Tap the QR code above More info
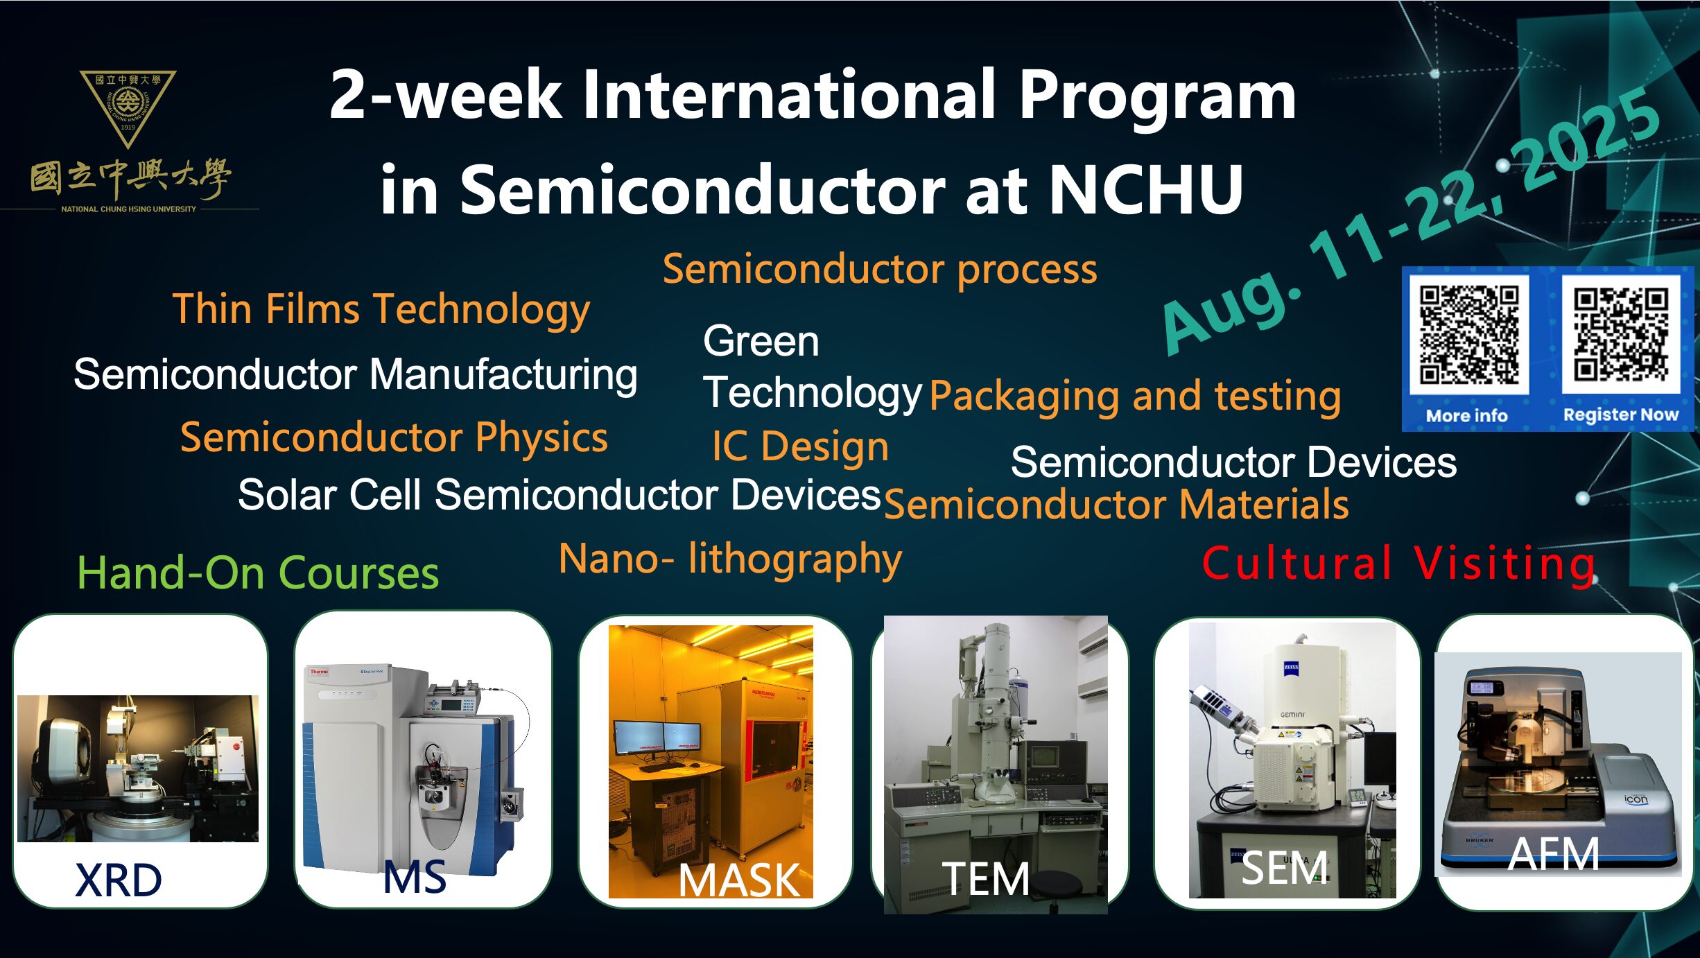click(1468, 335)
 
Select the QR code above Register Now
click(1621, 335)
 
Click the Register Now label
click(1621, 415)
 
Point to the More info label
click(1466, 415)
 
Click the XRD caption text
click(119, 880)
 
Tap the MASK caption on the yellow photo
click(739, 880)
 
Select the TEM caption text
click(985, 879)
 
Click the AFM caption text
click(1554, 854)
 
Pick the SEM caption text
click(1285, 868)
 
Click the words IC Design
click(800, 446)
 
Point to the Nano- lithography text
click(730, 559)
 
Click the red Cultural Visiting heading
click(1398, 563)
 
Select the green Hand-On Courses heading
click(258, 573)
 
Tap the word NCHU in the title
click(1146, 189)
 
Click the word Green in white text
click(761, 341)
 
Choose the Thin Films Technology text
click(381, 309)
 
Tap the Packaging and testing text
click(1135, 397)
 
